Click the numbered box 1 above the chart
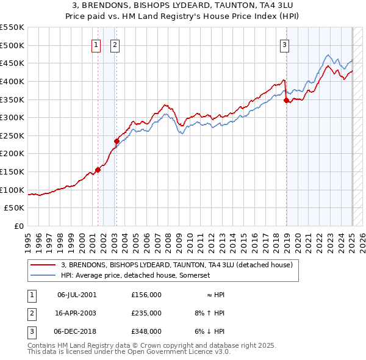[96, 43]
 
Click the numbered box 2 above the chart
[115, 43]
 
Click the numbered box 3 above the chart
[285, 43]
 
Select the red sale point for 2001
[98, 170]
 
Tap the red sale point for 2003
[117, 141]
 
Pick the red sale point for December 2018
[286, 101]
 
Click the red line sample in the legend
[43, 265]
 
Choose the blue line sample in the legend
[43, 276]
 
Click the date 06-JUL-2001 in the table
[77, 295]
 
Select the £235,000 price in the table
[146, 313]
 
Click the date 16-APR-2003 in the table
[77, 313]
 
